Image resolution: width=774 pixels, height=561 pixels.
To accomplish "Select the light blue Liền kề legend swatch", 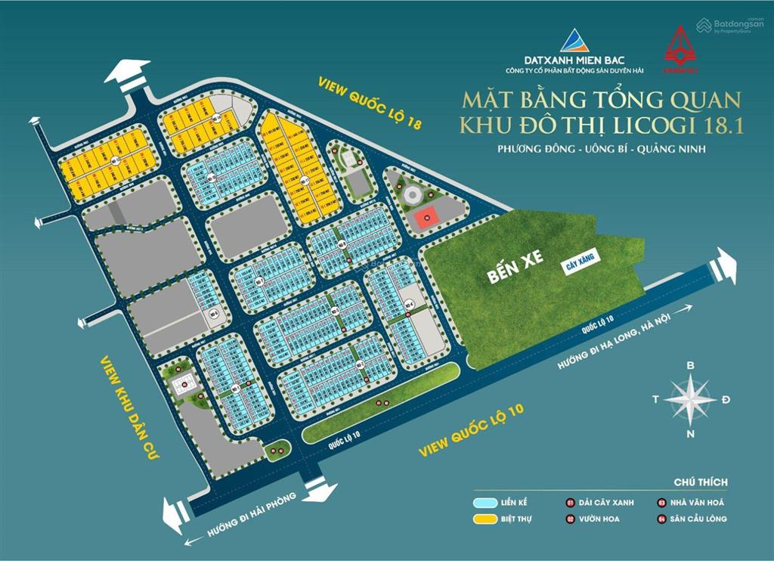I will click(483, 502).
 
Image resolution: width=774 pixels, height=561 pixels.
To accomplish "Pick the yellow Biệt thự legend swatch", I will click(483, 519).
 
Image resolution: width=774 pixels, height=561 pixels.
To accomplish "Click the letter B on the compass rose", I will click(690, 365).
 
